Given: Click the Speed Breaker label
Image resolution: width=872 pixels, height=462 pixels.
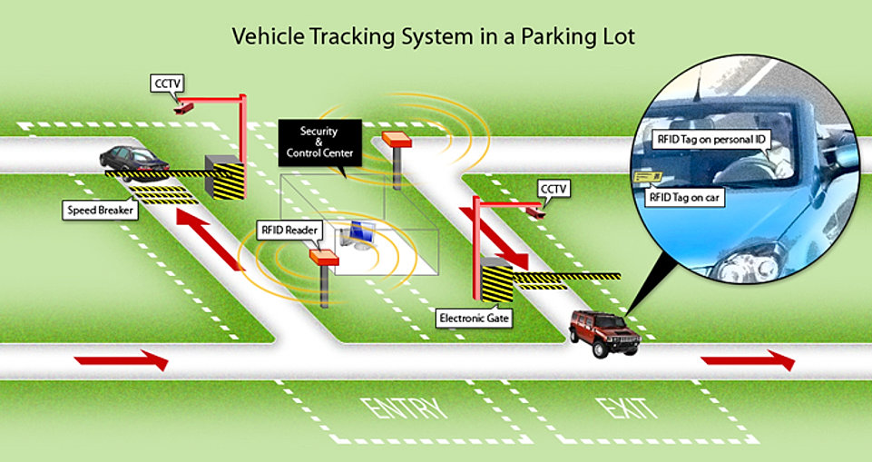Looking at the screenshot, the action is pyautogui.click(x=100, y=211).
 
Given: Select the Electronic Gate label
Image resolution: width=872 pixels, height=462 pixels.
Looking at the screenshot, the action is pyautogui.click(x=474, y=319).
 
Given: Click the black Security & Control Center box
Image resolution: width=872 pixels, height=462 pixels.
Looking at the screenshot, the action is pyautogui.click(x=319, y=142).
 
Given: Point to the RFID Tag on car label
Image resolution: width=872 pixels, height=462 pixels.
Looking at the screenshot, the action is pyautogui.click(x=684, y=199).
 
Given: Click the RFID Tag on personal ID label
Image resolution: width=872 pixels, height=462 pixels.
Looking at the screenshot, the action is pyautogui.click(x=711, y=140).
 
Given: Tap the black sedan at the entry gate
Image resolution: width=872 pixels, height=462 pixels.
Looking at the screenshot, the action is pyautogui.click(x=134, y=162).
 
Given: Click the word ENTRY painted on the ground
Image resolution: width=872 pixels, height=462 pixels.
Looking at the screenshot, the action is pyautogui.click(x=403, y=409).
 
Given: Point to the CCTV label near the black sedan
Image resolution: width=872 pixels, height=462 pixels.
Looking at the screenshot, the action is pyautogui.click(x=167, y=84).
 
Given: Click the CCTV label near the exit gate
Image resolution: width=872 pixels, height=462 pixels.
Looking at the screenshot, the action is pyautogui.click(x=554, y=190).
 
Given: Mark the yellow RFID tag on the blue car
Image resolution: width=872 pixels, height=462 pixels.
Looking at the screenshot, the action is pyautogui.click(x=647, y=177).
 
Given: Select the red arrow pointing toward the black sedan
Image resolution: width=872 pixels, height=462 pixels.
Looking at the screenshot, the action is pyautogui.click(x=210, y=239).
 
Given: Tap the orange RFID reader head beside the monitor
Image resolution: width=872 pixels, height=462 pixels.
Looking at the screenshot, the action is pyautogui.click(x=324, y=258).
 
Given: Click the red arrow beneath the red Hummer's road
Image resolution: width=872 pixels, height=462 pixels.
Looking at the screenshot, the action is pyautogui.click(x=748, y=360).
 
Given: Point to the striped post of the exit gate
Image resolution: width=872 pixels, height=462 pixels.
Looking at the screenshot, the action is pyautogui.click(x=496, y=283).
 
